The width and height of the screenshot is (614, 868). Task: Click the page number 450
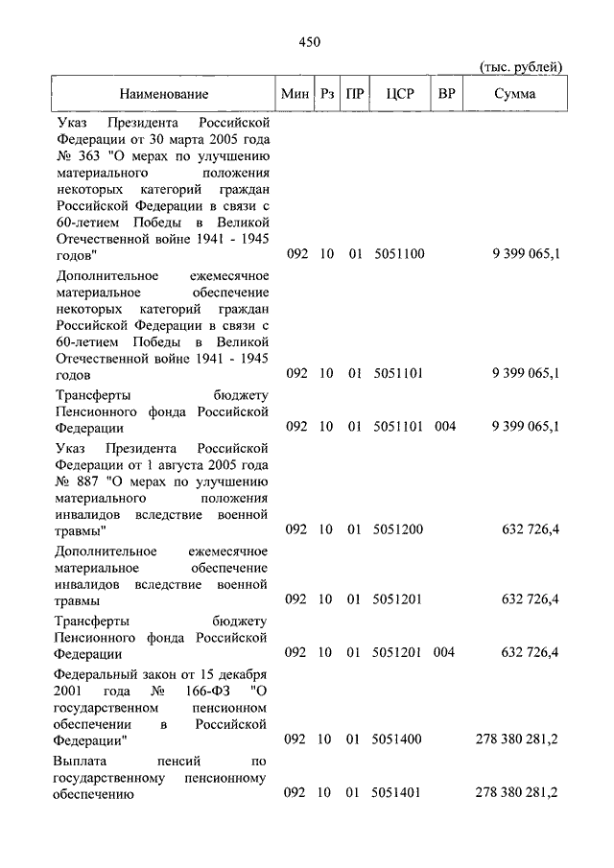pos(308,41)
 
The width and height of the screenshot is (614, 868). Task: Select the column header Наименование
pos(164,94)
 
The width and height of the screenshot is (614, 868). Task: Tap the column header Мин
pos(295,94)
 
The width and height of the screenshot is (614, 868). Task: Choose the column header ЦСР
pos(399,94)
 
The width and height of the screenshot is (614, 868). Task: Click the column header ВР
pos(446,94)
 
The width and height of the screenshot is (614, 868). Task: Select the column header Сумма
pos(515,94)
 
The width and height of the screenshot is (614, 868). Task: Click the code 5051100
pos(398,254)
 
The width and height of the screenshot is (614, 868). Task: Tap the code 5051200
pos(398,528)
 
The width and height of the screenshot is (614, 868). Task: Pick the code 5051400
pos(398,739)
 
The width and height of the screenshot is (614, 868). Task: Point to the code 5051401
pos(398,793)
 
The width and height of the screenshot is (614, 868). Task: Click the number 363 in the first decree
pos(86,156)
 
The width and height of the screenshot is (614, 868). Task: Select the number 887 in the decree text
pos(86,482)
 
